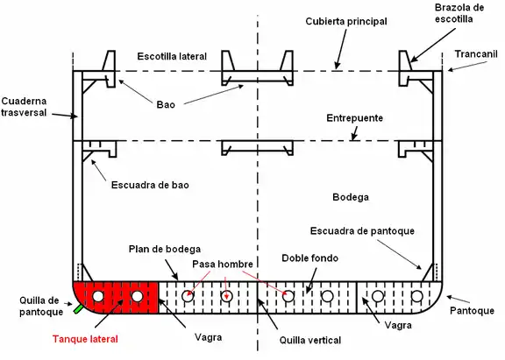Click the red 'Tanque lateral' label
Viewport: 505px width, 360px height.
click(x=85, y=339)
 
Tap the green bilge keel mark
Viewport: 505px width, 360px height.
click(x=78, y=308)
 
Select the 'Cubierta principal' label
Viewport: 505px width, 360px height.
click(x=346, y=22)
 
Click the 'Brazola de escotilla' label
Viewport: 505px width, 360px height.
click(x=459, y=13)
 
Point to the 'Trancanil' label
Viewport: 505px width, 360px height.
click(x=476, y=54)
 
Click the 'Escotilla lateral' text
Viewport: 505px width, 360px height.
click(x=172, y=56)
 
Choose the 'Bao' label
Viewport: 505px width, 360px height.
click(x=166, y=104)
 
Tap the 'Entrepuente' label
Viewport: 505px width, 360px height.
click(x=354, y=118)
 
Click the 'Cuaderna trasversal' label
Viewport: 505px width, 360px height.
click(x=24, y=107)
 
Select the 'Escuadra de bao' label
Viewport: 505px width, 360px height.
click(x=150, y=185)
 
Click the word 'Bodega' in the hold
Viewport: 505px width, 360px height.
click(x=351, y=197)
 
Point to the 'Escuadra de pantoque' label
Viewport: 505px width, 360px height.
click(x=362, y=231)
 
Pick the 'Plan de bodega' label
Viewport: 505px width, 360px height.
click(x=165, y=249)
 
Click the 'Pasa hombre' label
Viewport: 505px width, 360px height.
click(x=223, y=265)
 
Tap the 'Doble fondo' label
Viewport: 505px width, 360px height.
click(x=309, y=258)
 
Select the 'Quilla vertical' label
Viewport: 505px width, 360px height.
click(x=310, y=340)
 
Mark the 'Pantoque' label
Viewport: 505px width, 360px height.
click(x=472, y=310)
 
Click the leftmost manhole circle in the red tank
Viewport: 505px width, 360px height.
click(x=98, y=296)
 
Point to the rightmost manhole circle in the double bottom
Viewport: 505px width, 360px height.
click(x=417, y=296)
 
